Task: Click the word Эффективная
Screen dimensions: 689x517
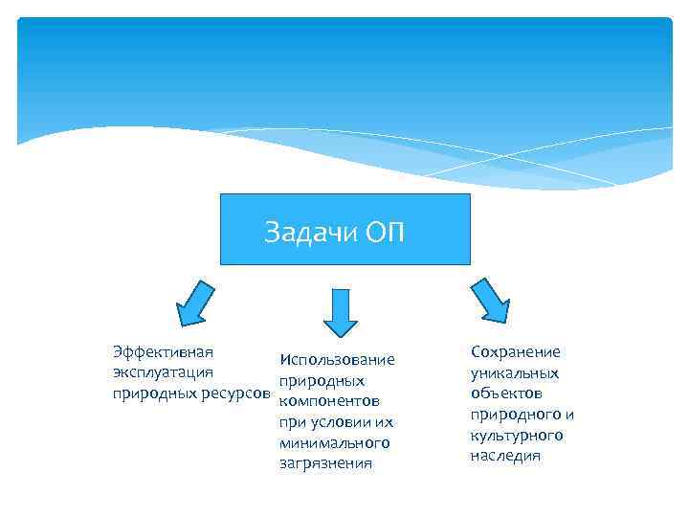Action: (163, 351)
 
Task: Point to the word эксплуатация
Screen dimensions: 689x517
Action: (163, 372)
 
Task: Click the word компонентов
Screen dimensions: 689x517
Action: (329, 402)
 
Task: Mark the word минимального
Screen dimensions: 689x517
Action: (334, 443)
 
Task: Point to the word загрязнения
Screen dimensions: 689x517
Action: (325, 464)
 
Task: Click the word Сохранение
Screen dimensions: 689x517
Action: (516, 352)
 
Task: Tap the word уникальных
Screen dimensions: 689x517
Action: (515, 373)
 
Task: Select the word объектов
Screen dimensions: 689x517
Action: (507, 393)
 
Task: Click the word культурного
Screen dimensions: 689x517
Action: (517, 436)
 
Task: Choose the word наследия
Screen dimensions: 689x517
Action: (505, 456)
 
